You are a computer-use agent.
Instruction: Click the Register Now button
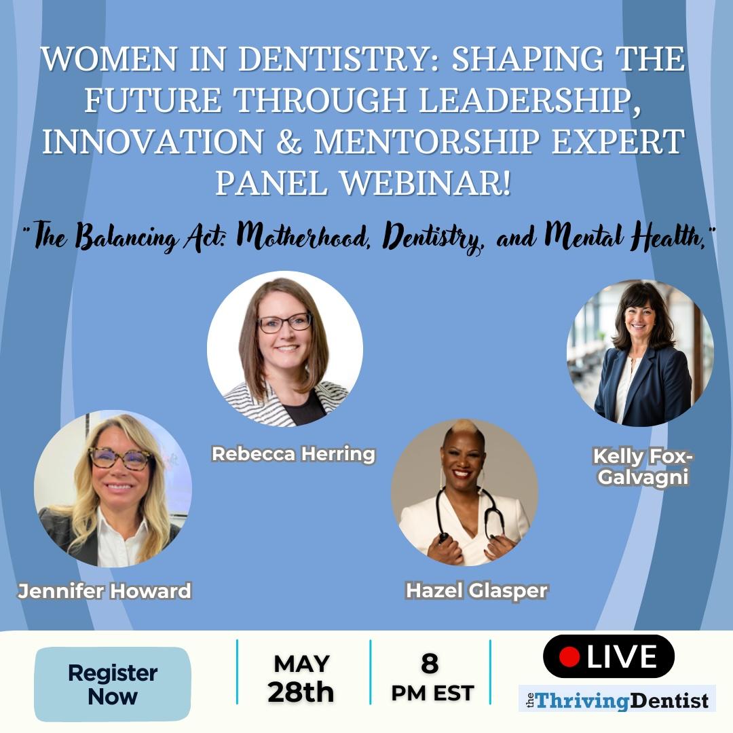[x=113, y=684]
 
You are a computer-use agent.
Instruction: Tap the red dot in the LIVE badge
[x=569, y=656]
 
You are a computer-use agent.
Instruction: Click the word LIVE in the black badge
[x=622, y=656]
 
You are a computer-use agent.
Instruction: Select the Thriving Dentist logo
[x=617, y=700]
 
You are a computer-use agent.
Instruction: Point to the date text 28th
[x=301, y=692]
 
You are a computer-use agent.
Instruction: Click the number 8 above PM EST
[x=430, y=663]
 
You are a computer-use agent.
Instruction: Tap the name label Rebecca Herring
[x=294, y=454]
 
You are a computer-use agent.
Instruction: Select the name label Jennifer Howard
[x=105, y=591]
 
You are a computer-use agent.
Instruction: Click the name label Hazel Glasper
[x=476, y=591]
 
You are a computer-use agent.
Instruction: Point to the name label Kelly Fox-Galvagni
[x=643, y=466]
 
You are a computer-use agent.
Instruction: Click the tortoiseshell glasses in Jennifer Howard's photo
[x=119, y=458]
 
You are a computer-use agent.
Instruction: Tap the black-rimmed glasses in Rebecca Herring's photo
[x=284, y=323]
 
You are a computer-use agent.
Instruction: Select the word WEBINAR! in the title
[x=426, y=183]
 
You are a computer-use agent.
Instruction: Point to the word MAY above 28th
[x=302, y=664]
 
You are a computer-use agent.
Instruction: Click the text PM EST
[x=432, y=693]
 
